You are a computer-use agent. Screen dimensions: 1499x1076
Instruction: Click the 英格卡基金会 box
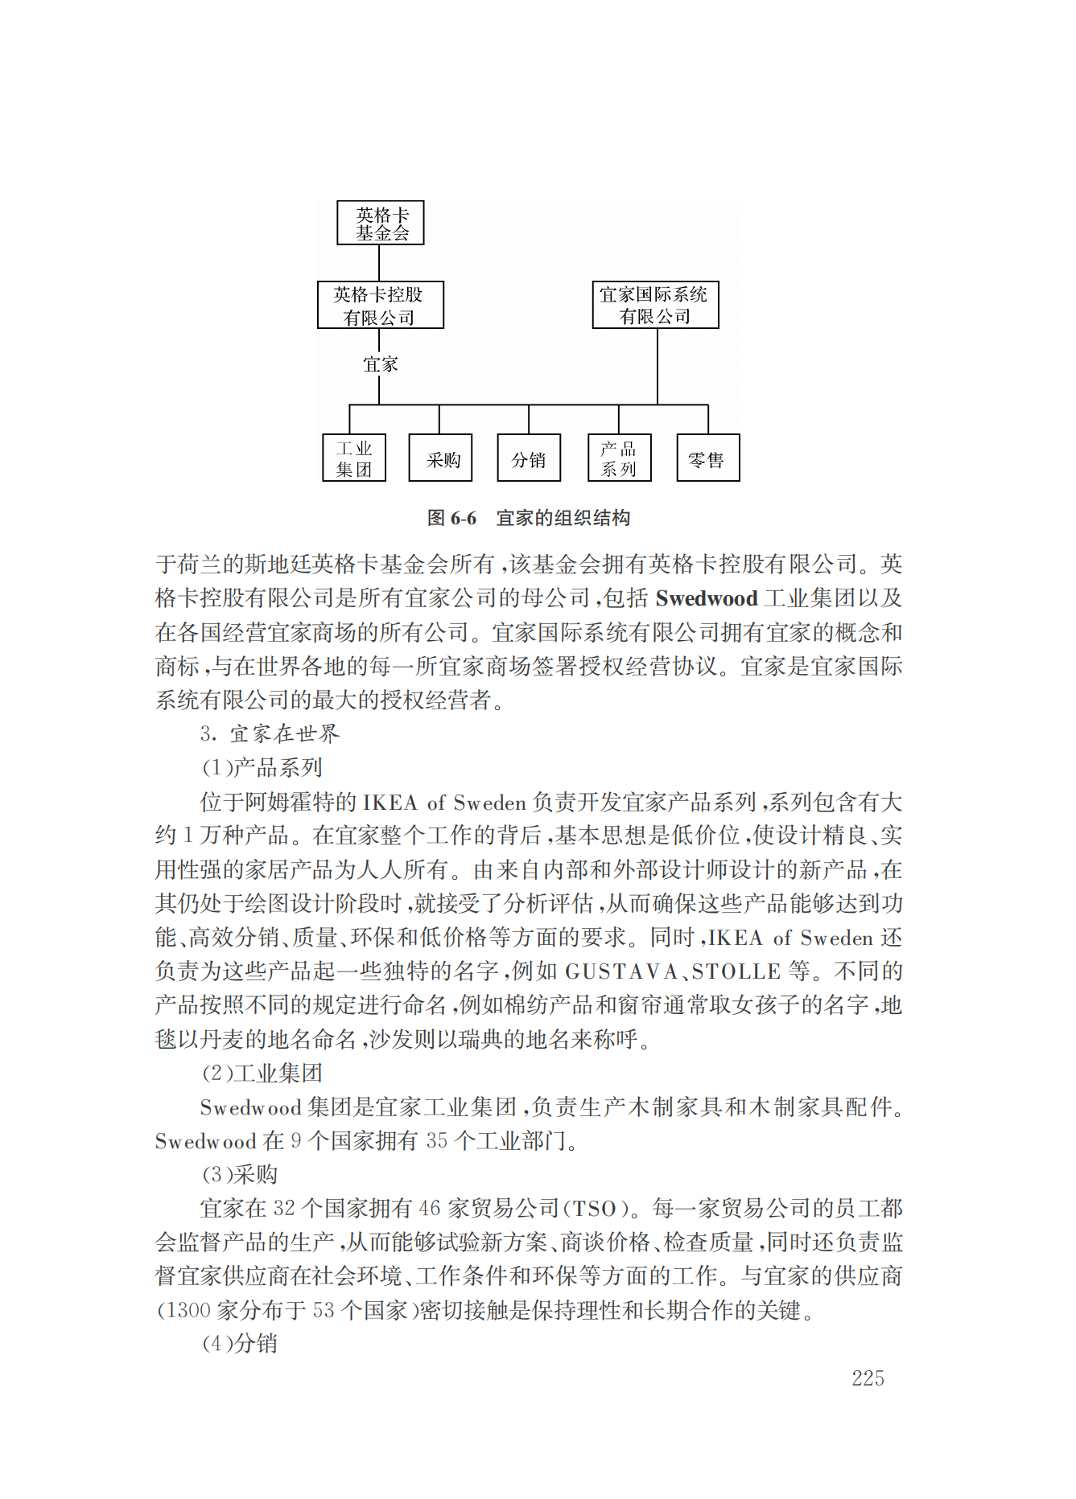380,223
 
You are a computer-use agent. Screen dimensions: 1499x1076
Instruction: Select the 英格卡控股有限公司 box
380,305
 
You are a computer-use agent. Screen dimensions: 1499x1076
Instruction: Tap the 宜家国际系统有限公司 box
655,305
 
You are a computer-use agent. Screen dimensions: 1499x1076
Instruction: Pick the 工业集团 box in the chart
354,458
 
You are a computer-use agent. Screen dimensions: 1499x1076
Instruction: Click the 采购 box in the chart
440,458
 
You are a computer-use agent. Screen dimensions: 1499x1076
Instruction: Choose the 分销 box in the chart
529,458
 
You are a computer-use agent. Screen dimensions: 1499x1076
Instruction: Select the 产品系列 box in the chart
619,458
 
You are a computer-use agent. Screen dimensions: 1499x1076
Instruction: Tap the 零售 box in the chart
707,458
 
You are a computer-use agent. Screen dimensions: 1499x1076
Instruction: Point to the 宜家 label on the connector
380,364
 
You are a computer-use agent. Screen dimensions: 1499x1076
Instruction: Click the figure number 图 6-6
451,518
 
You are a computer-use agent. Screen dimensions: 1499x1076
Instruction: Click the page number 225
868,1378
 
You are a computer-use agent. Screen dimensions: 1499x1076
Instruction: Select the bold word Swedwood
707,598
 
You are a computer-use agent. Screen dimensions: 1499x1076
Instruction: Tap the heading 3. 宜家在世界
270,733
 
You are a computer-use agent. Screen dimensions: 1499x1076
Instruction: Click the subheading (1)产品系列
262,767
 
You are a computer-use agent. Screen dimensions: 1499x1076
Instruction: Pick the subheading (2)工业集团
262,1073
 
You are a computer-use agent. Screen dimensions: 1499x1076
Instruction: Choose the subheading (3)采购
239,1174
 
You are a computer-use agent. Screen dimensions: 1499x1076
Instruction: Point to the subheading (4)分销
239,1343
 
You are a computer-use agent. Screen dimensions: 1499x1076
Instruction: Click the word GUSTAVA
622,971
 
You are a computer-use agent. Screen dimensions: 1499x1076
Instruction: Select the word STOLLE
736,971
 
